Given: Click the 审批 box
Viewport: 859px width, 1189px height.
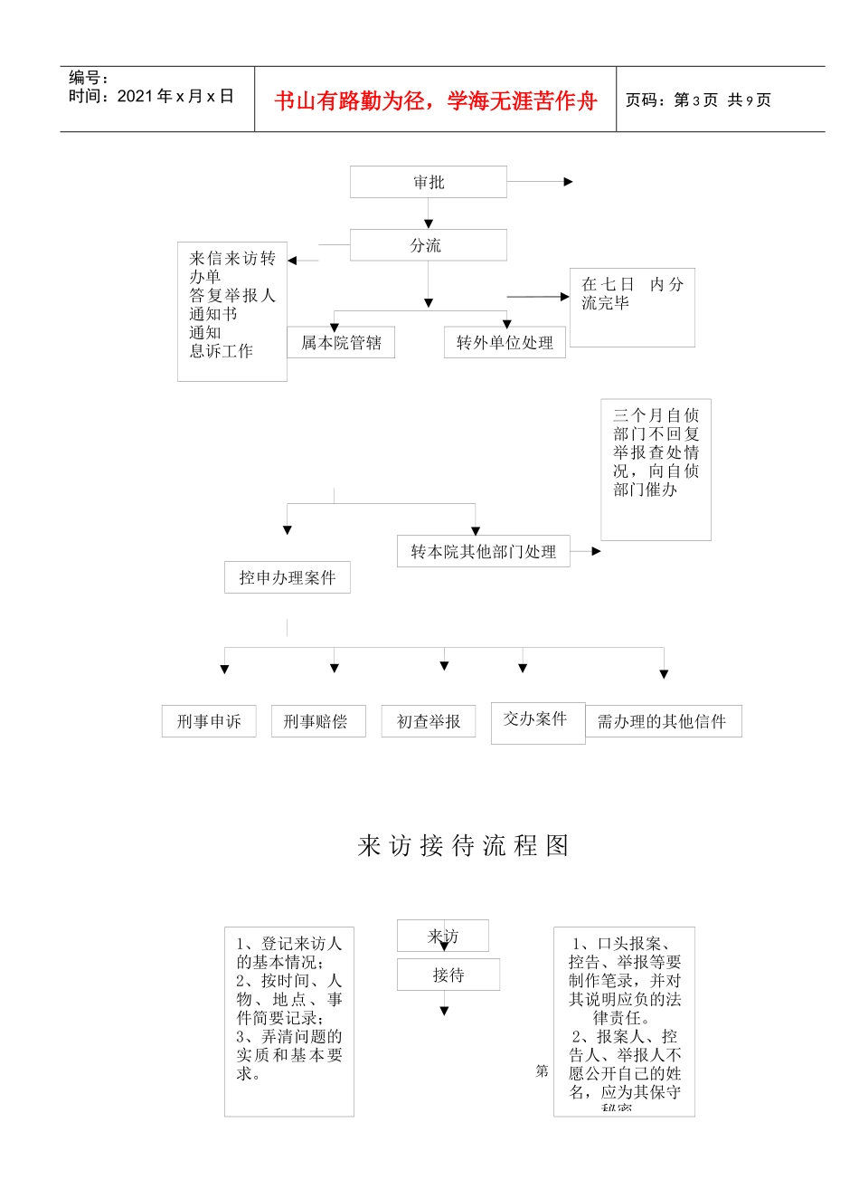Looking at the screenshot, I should point(429,182).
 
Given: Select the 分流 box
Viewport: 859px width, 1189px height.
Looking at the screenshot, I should point(429,245).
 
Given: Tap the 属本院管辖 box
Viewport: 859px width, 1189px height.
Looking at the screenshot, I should point(341,343).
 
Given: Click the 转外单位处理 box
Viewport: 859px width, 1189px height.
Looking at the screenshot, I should point(505,343).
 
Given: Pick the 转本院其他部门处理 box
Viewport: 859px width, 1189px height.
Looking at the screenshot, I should point(484,551).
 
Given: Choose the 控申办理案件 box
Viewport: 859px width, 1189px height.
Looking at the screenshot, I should point(287,577).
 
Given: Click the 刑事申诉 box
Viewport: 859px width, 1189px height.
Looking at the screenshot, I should point(209,721).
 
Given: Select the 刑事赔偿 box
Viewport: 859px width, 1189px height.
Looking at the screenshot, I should point(318,721).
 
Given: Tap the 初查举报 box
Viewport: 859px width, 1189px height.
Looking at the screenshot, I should point(429,721).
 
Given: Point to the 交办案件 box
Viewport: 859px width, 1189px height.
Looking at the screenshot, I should point(537,720).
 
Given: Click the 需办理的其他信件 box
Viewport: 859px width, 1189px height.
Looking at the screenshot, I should point(663,721).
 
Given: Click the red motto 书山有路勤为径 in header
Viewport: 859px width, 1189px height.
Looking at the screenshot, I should point(436,100).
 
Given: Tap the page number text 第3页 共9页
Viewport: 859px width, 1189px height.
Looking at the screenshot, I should point(698,100).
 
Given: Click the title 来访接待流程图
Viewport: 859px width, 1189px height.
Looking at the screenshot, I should point(464,845).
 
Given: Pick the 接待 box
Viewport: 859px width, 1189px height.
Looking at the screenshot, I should point(448,975).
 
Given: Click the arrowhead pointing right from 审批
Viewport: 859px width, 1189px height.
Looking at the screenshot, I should point(569,182).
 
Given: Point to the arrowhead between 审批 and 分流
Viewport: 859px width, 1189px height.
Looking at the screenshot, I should point(429,224).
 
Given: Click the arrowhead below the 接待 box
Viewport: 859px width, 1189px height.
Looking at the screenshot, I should point(444,1011).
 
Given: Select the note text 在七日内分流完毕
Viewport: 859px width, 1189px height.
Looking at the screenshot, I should point(631,293).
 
